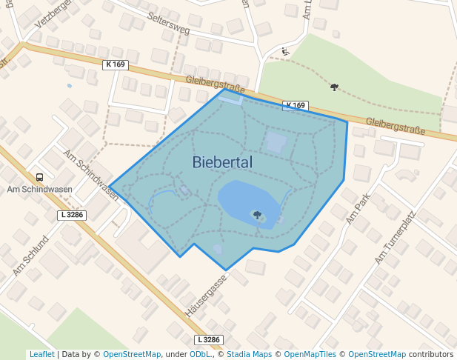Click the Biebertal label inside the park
click(x=222, y=162)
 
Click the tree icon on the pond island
click(x=257, y=216)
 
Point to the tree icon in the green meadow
click(x=334, y=87)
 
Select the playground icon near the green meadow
click(x=285, y=52)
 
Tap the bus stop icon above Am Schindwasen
click(x=39, y=177)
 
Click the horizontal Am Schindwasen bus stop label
click(x=39, y=189)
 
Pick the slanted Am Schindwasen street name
click(x=90, y=175)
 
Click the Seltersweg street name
click(x=168, y=24)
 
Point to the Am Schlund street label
click(x=30, y=256)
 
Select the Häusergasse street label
click(x=205, y=296)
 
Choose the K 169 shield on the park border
click(x=295, y=105)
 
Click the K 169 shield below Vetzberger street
click(x=116, y=64)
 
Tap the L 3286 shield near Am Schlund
click(x=71, y=215)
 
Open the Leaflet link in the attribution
click(x=41, y=355)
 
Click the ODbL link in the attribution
click(x=200, y=355)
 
